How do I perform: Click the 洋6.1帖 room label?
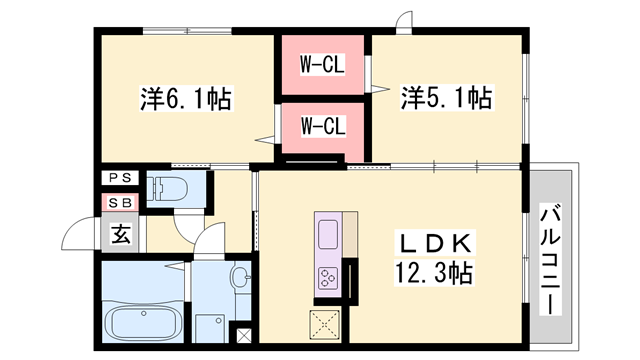click(186, 99)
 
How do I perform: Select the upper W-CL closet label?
click(323, 67)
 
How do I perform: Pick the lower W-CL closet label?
click(323, 126)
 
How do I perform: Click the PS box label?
click(120, 179)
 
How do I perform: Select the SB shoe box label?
click(120, 202)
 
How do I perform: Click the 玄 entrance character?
click(119, 236)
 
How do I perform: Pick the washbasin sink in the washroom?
click(241, 277)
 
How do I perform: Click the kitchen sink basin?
click(329, 236)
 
